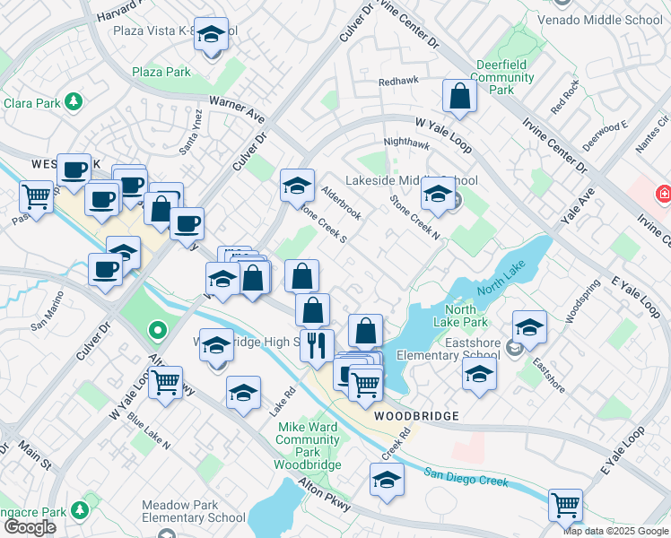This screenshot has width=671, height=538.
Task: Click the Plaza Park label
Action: click(161, 72)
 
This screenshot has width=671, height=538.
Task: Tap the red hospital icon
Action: click(664, 193)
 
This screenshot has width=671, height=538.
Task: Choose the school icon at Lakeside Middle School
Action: click(438, 195)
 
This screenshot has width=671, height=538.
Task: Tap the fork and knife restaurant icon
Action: click(317, 345)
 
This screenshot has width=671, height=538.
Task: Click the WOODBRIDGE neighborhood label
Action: click(416, 416)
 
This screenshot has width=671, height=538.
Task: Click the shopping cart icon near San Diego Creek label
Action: click(565, 505)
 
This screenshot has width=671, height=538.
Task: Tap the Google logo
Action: click(30, 526)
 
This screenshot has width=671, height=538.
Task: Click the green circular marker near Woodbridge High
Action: click(158, 332)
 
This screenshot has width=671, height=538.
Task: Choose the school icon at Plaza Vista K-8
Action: click(211, 36)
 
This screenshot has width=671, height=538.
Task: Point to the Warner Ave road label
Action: click(237, 110)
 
